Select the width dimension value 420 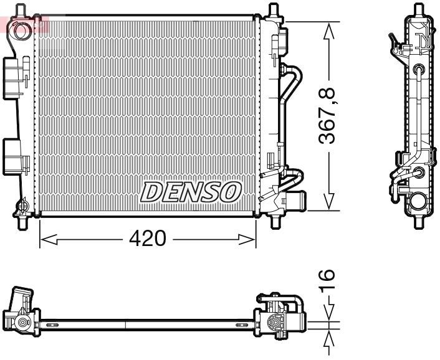[148, 239]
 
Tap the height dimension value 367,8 [328, 116]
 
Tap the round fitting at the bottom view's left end [23, 323]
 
